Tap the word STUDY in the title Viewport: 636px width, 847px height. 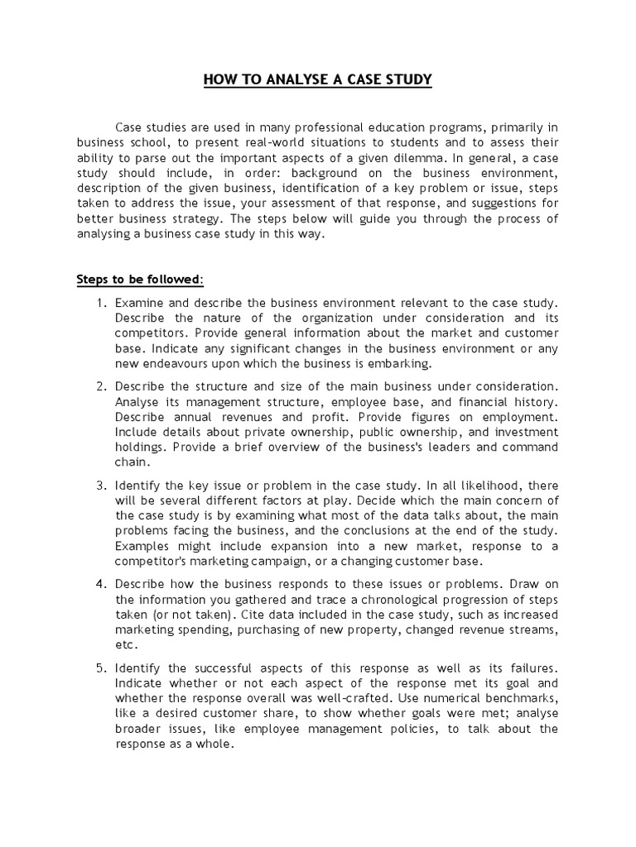click(x=407, y=80)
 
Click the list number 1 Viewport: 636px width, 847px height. click(x=101, y=303)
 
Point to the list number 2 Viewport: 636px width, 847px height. click(x=101, y=386)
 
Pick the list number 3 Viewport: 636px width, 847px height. click(x=101, y=485)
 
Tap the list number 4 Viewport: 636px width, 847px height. click(x=101, y=583)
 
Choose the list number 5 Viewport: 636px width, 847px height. click(x=101, y=667)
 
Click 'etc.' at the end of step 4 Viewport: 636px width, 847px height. click(x=126, y=645)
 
